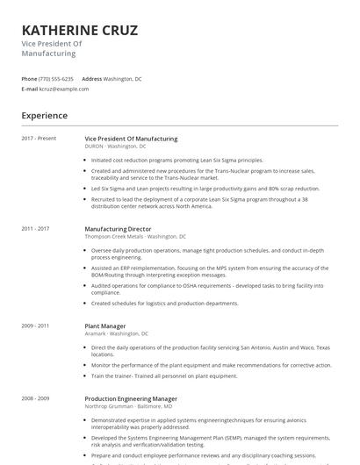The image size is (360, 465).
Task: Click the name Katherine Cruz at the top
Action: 79,31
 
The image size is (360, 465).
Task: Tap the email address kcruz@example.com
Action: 64,89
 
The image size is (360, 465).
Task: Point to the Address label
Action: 91,79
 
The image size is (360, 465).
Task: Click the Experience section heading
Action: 45,116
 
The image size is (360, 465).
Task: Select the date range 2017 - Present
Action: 39,139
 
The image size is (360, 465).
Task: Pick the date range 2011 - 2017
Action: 36,229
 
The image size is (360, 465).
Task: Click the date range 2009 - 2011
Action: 36,325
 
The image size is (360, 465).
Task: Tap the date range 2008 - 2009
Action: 36,398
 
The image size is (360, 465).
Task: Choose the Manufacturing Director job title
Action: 118,229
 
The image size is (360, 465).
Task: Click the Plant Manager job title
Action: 105,325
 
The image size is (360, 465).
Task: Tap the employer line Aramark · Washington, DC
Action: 116,333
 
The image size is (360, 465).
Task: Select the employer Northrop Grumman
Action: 111,406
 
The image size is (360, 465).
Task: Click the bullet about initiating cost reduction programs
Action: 176,161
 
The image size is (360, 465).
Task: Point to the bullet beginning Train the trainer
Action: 164,376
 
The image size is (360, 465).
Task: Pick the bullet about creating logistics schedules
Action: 164,304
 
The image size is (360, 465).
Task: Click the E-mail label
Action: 30,89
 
